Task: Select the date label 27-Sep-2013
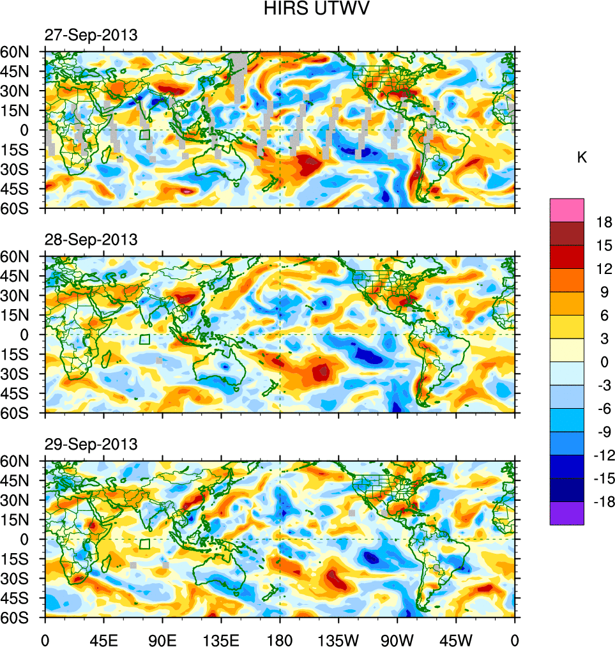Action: [x=91, y=36]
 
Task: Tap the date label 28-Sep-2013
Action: [x=91, y=240]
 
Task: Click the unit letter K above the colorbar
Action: [x=582, y=158]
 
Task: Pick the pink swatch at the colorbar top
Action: [x=567, y=209]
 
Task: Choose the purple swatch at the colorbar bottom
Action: [x=567, y=514]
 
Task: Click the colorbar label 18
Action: [x=604, y=222]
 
